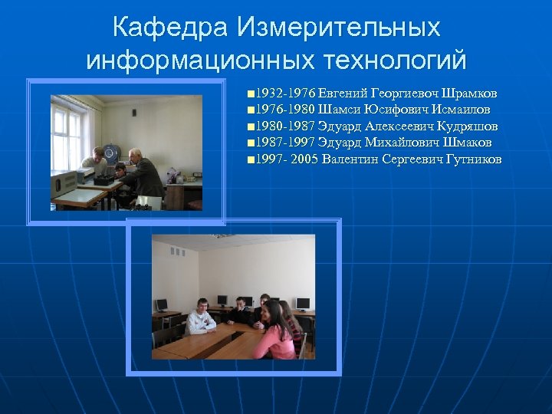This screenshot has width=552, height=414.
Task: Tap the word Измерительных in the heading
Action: coord(339,28)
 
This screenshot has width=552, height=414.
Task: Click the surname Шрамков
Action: coord(464,94)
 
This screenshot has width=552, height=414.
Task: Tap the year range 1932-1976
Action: coord(283,94)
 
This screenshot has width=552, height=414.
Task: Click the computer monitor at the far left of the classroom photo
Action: coord(161,305)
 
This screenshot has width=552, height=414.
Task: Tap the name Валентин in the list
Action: coord(350,159)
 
